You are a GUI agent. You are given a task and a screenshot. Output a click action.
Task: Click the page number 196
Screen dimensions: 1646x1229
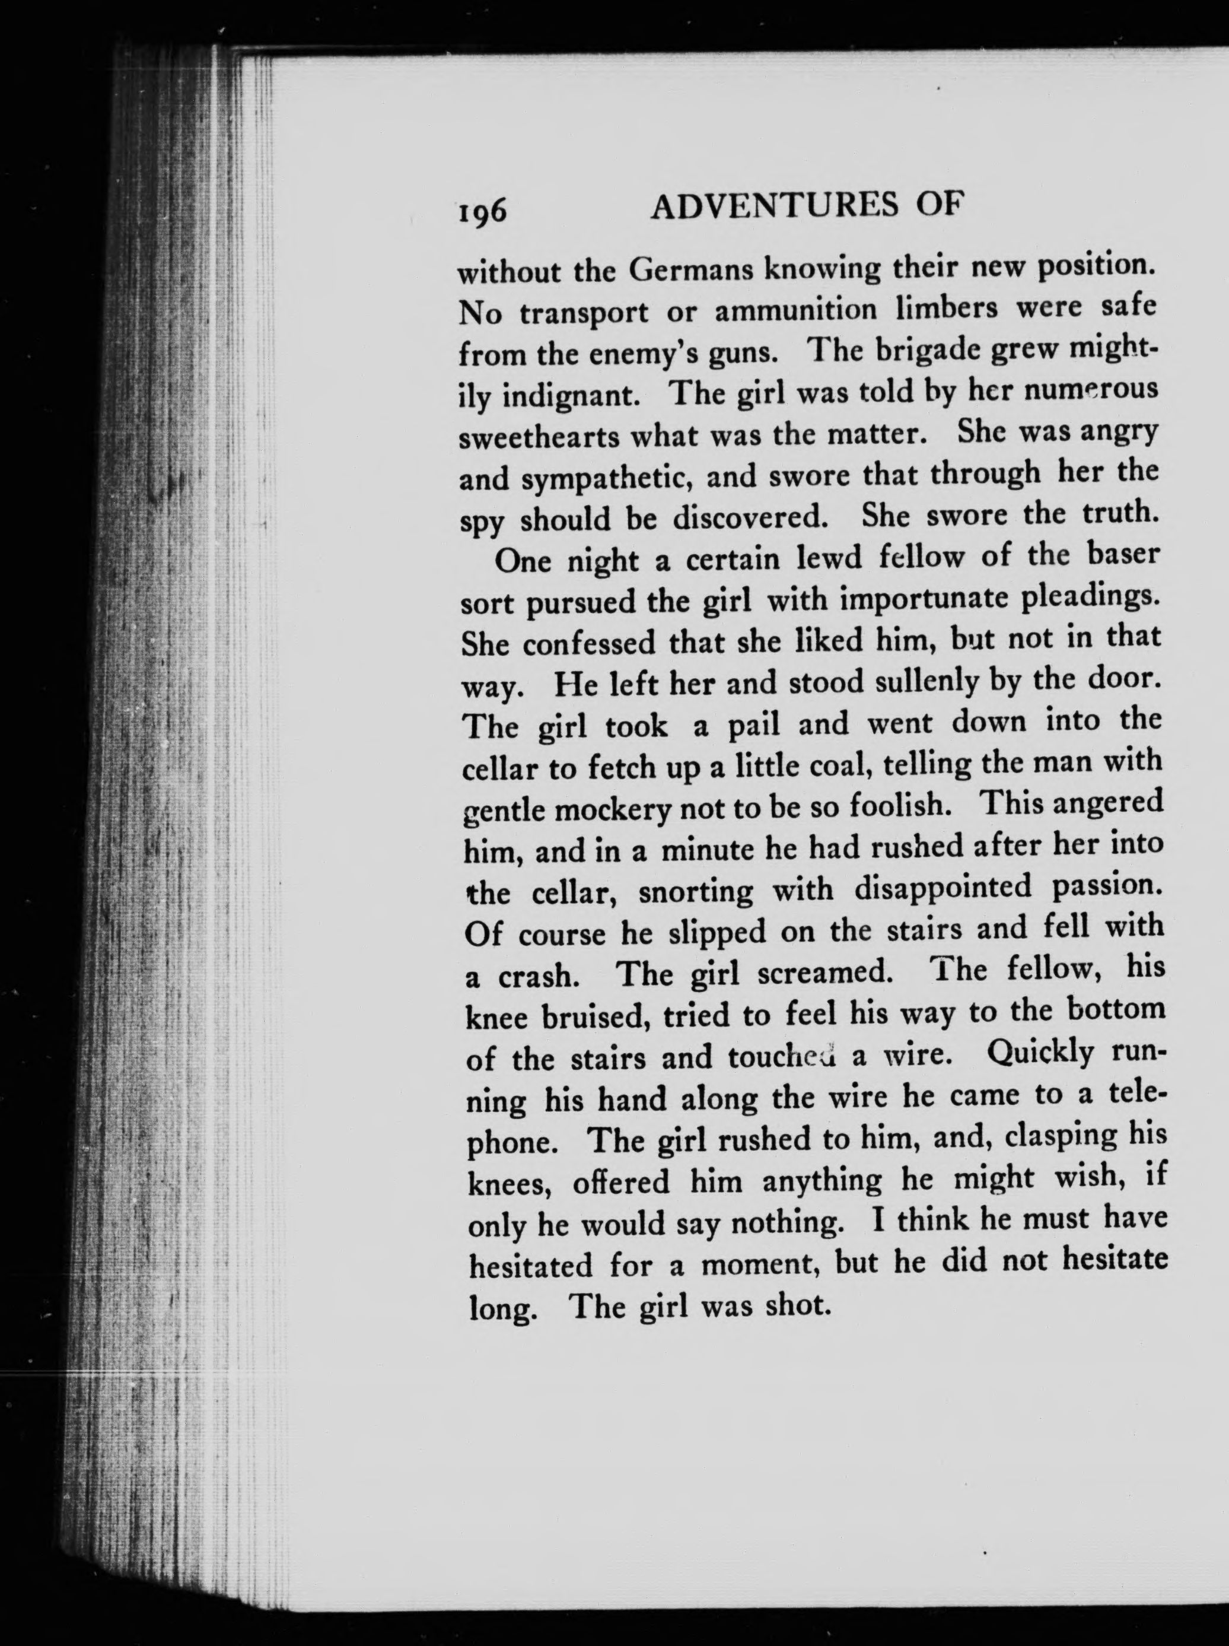483,213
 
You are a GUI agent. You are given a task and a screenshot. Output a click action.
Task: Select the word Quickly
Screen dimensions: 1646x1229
1040,1054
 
